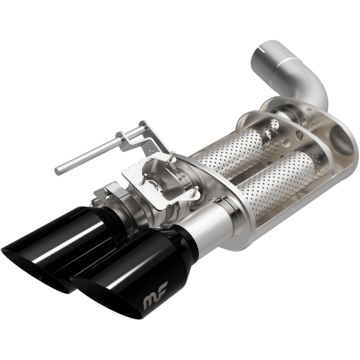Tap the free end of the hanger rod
tap(58, 171)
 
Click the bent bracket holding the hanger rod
tap(135, 135)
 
